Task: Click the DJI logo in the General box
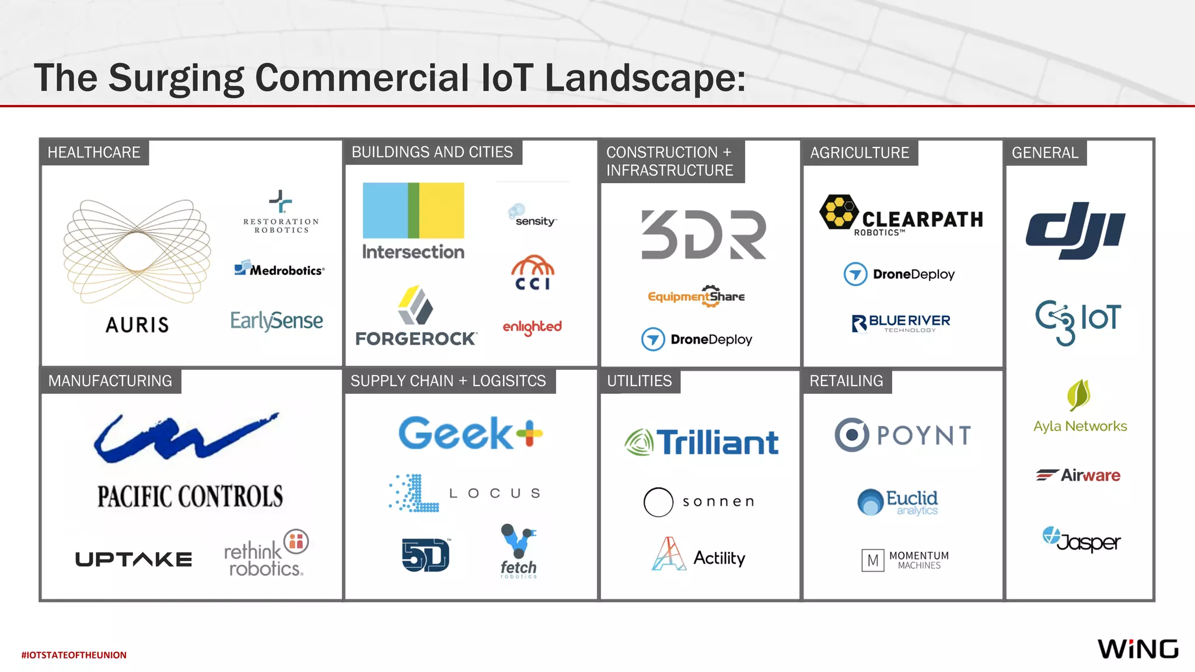coord(1075,230)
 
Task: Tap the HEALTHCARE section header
coord(94,153)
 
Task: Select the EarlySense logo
coord(277,320)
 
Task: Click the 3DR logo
coord(703,235)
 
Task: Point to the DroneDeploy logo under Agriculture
coord(899,274)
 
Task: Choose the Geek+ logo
coord(470,433)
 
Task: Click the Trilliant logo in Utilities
coord(701,442)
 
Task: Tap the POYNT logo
coord(903,435)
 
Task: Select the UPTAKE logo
coord(134,559)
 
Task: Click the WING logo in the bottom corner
coord(1138,649)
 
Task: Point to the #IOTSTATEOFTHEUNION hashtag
coord(74,655)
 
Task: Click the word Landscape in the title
coord(645,78)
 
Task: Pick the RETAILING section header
coord(846,381)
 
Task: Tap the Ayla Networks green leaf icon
coord(1078,395)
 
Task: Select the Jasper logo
coord(1081,540)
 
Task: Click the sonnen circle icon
coord(658,502)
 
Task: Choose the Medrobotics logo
coord(279,269)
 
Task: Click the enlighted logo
coord(532,327)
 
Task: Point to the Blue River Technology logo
coord(901,323)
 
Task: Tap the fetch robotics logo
coord(518,551)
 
